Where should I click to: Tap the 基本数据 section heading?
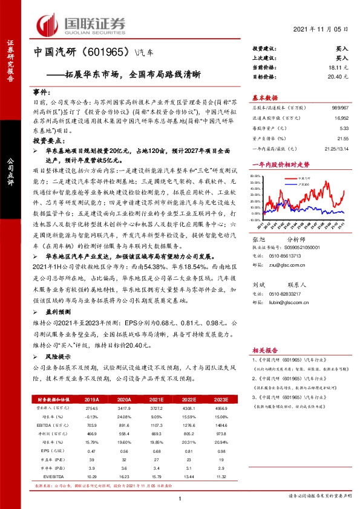click(x=265, y=98)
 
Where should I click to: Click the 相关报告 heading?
click(x=265, y=349)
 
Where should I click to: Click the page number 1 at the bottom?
click(x=180, y=498)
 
